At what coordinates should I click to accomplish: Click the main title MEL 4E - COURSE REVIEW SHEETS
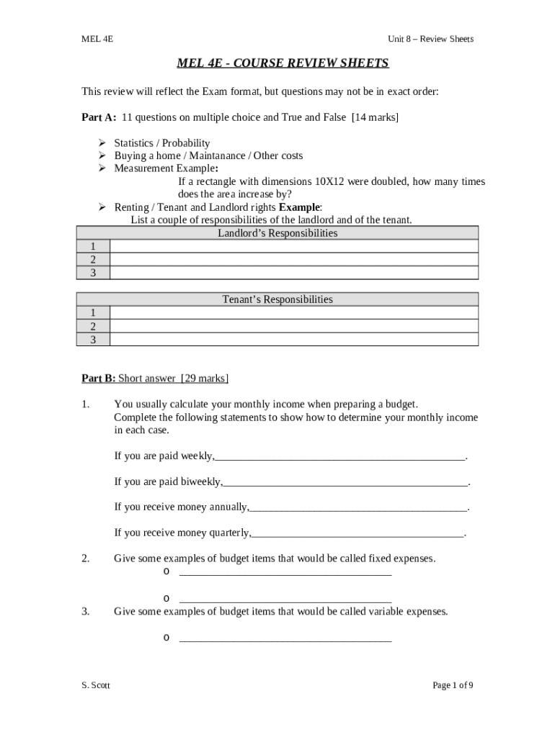[x=283, y=63]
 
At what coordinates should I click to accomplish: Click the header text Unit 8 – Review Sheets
[x=430, y=39]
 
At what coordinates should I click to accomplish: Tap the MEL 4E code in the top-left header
[x=97, y=39]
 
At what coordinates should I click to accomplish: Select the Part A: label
[x=99, y=117]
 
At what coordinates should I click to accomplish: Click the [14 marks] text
[x=375, y=117]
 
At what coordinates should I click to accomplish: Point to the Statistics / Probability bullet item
[x=162, y=143]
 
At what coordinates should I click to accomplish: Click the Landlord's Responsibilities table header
[x=277, y=233]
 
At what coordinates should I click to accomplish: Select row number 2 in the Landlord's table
[x=92, y=260]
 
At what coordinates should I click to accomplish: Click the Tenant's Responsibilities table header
[x=277, y=299]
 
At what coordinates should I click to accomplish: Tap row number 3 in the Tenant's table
[x=92, y=339]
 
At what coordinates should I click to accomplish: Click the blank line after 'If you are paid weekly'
[x=340, y=456]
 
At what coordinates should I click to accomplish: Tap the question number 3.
[x=85, y=612]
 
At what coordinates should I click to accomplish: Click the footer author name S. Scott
[x=96, y=686]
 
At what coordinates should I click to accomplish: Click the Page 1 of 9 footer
[x=453, y=685]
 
